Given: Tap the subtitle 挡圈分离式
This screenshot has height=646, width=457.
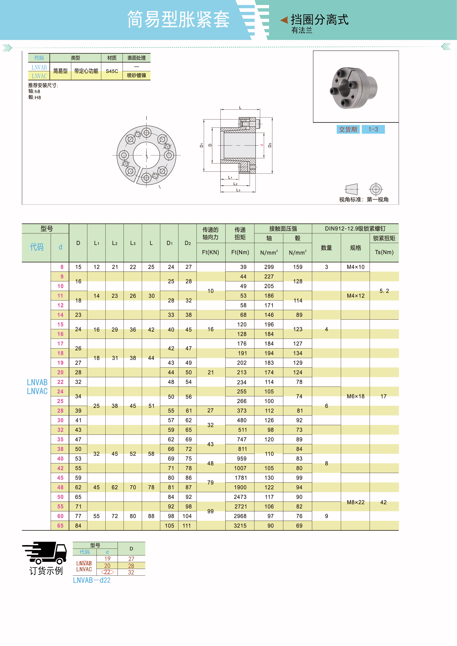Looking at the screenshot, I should (319, 20).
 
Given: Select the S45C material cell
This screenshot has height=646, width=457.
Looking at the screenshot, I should (112, 71).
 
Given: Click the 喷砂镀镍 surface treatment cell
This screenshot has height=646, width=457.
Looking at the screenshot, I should (136, 75).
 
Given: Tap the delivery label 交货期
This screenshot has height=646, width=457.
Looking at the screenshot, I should (348, 129).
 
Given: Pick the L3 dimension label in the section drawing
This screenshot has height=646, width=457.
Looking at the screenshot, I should (238, 190).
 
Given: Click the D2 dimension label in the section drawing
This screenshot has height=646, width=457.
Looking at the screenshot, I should (270, 145).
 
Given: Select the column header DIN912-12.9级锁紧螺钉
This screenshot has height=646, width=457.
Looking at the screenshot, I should (355, 229).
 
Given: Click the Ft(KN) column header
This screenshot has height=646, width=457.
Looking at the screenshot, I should (211, 252).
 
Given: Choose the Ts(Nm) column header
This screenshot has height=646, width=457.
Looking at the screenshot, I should (384, 252).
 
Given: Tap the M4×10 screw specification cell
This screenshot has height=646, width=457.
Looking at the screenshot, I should (355, 267).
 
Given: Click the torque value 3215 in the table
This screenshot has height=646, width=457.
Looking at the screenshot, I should (240, 526).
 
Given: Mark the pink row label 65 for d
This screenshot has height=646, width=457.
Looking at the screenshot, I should (60, 526).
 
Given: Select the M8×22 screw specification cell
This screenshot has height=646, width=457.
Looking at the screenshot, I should (355, 502).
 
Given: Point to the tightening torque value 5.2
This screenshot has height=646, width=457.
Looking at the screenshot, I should (384, 291).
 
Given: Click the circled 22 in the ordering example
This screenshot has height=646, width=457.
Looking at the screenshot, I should (107, 572).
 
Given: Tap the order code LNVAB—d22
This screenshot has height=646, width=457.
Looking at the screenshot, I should (92, 580).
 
